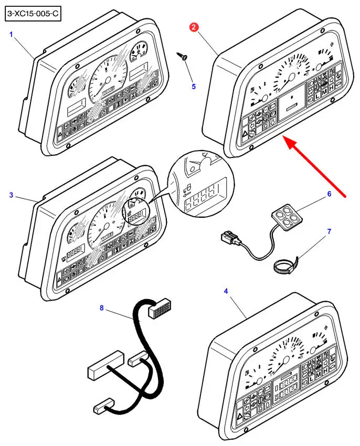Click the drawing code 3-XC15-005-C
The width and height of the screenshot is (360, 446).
coord(33,14)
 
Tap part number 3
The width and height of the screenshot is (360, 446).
coord(10,195)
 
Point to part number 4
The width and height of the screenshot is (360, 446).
coord(227,290)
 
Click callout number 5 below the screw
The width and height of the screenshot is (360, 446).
coord(193,86)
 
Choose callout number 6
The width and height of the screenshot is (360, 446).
coord(329,194)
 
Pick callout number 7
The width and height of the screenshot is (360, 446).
coord(329,231)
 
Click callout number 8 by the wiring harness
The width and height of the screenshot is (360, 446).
coord(101,308)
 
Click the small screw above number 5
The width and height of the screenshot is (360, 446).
coord(183,56)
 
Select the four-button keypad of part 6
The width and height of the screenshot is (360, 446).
coord(284,216)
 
